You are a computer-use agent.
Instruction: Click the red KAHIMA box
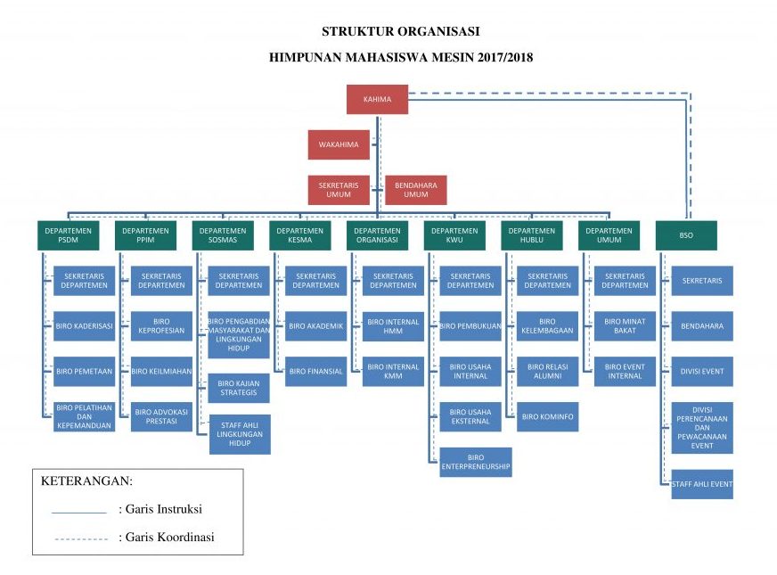point(377,99)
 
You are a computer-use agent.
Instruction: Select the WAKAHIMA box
point(338,144)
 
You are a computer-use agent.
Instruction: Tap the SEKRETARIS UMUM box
point(338,190)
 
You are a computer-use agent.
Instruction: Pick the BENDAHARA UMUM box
point(416,190)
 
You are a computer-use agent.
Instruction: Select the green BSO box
point(685,235)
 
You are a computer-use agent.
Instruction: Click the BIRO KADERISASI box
point(84,326)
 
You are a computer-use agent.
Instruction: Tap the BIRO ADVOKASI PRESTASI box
point(162,417)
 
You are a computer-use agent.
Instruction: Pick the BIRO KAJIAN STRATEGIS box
point(239,388)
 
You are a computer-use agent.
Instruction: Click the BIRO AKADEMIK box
point(315,326)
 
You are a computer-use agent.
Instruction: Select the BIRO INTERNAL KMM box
point(393,371)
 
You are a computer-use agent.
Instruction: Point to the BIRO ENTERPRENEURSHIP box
point(476,462)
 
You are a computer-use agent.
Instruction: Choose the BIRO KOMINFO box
point(547,416)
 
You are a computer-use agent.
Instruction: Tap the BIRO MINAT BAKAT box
point(625,326)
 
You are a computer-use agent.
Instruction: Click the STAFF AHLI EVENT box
point(702,484)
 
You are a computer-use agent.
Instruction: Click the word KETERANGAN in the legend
point(86,481)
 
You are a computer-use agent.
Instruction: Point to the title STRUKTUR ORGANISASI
point(400,31)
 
